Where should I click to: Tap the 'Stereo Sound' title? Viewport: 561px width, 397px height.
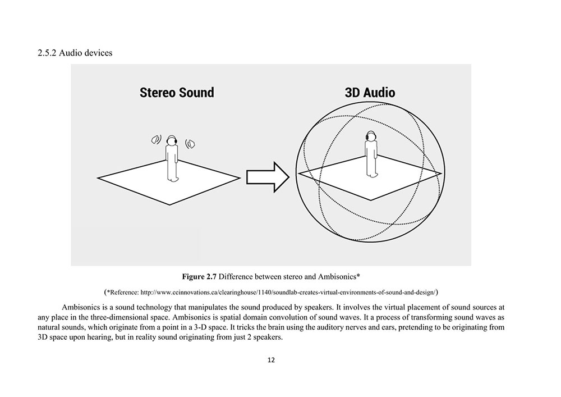pyautogui.click(x=177, y=92)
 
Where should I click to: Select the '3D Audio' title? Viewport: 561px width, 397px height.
pyautogui.click(x=369, y=92)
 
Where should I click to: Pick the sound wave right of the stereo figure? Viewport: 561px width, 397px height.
pyautogui.click(x=190, y=144)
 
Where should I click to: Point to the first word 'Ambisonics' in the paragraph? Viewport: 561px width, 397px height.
pyautogui.click(x=82, y=308)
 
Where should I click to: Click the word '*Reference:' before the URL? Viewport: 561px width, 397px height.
pyautogui.click(x=126, y=292)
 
